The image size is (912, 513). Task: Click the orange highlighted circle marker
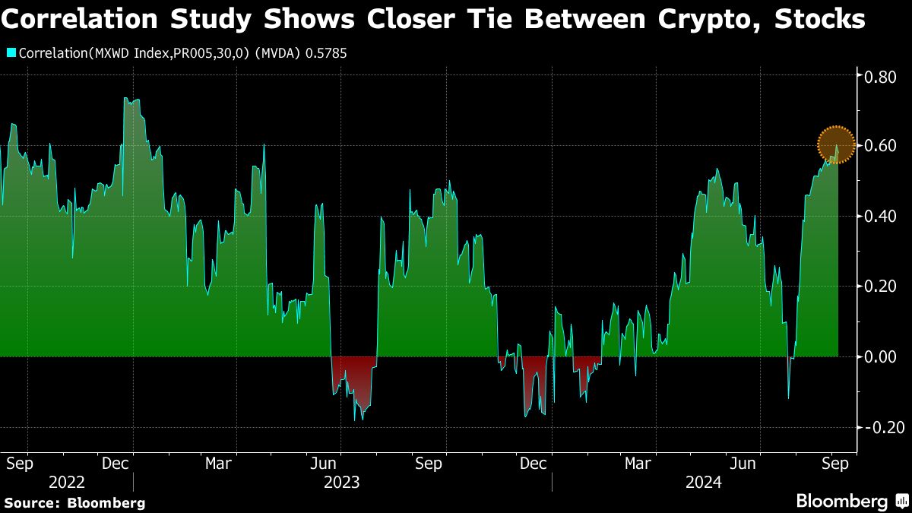837,144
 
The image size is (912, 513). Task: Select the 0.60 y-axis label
878,145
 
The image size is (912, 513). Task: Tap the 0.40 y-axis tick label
878,216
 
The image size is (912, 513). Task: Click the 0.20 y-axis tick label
878,287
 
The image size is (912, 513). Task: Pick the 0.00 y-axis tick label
878,356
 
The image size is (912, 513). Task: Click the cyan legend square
11,53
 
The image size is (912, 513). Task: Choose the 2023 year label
341,482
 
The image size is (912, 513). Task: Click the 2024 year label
703,482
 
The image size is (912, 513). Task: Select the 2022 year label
68,482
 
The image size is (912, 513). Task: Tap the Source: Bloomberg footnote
74,502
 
